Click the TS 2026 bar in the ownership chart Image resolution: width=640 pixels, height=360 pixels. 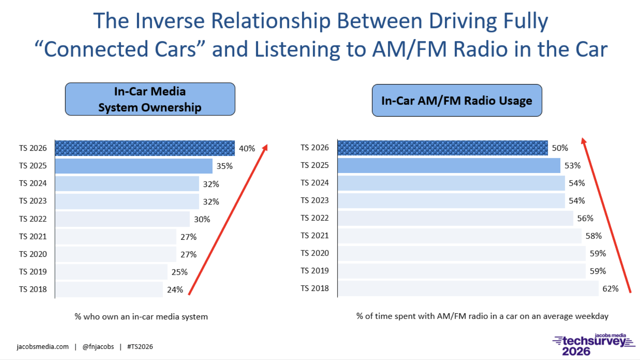(x=145, y=148)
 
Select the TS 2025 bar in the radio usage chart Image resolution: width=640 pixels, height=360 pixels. (x=449, y=166)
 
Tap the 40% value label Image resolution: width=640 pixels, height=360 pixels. (x=247, y=148)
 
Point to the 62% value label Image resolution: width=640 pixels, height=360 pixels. (x=610, y=288)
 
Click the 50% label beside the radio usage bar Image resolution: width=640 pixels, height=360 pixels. (x=560, y=148)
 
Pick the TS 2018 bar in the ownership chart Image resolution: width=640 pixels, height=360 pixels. (x=109, y=289)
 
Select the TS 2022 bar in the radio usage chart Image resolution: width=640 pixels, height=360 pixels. (x=455, y=219)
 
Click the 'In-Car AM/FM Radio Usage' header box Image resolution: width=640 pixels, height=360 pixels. (x=457, y=100)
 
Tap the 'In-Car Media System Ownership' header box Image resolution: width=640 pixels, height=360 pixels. (x=150, y=99)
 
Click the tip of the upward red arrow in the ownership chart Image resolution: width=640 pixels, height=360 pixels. (x=267, y=144)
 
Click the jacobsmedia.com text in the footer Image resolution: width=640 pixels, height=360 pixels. (x=43, y=347)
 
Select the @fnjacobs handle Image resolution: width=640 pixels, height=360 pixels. (x=98, y=347)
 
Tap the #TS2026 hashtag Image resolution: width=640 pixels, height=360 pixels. (x=140, y=347)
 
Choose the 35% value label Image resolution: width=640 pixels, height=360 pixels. (x=224, y=166)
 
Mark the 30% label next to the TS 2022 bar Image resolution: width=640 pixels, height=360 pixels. (x=202, y=219)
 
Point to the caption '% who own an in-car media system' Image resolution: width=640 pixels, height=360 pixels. (x=141, y=317)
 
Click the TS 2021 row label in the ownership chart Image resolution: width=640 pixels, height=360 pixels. (x=33, y=236)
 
